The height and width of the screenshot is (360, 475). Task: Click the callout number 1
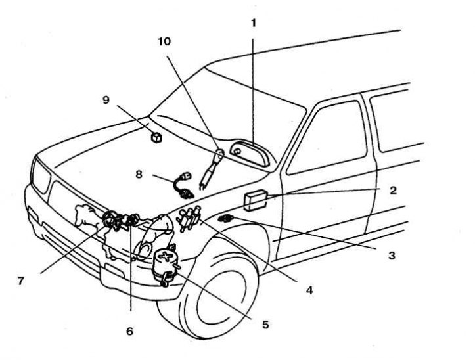pos(254,22)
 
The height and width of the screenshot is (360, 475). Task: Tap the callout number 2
pos(392,191)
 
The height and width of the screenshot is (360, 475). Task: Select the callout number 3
pos(392,255)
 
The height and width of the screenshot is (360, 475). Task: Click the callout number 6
pos(129,331)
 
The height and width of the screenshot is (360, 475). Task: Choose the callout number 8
pos(139,175)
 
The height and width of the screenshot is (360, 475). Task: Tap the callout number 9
pos(106,100)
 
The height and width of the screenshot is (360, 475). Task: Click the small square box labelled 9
pos(156,137)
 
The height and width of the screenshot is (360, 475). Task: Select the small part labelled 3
pos(227,218)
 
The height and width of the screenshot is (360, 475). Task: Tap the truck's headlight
pos(40,178)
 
